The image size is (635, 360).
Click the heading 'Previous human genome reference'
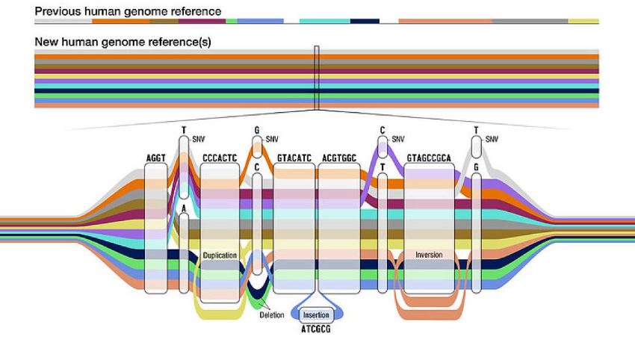click(128, 11)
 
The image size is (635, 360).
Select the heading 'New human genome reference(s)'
click(123, 42)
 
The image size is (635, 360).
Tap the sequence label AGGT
click(156, 158)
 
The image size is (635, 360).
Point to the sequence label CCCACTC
click(220, 158)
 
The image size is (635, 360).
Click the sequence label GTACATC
click(294, 158)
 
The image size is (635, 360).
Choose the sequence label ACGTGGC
click(339, 158)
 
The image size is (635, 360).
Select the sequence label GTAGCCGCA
click(429, 158)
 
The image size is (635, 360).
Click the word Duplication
click(220, 255)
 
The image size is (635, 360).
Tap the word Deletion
click(272, 314)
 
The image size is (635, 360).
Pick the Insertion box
click(316, 314)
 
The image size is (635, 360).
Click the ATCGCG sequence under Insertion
click(316, 329)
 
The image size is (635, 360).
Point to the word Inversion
click(429, 255)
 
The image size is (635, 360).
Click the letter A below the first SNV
click(184, 209)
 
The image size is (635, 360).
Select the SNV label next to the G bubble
click(272, 140)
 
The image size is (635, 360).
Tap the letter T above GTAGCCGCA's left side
click(382, 167)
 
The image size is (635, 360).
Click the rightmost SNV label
click(492, 140)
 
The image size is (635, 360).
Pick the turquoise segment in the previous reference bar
click(325, 21)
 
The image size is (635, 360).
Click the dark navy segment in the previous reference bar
click(365, 21)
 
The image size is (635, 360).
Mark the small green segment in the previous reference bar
click(232, 21)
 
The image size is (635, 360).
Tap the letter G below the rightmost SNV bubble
click(477, 167)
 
